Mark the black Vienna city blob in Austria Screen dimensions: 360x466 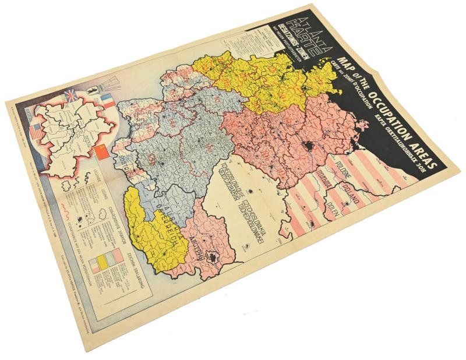tap(215, 259)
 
